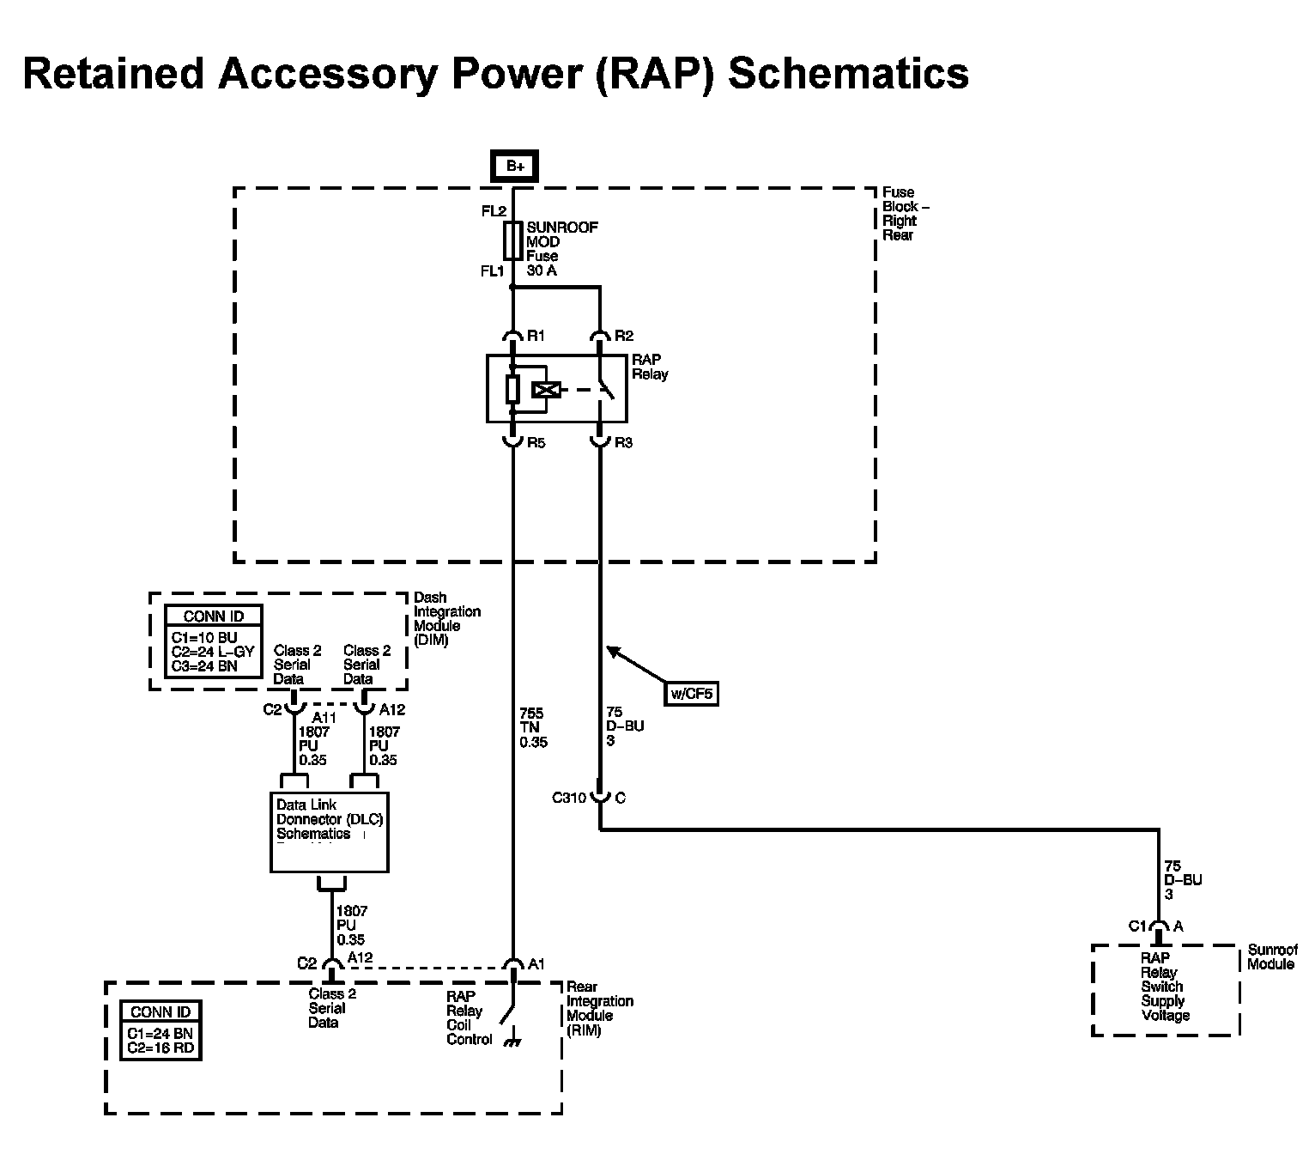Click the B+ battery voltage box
(514, 166)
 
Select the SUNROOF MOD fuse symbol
(513, 241)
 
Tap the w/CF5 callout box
(692, 693)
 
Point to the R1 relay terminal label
(536, 336)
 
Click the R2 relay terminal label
(624, 336)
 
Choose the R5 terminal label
(536, 443)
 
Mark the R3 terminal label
(623, 443)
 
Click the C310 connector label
(568, 798)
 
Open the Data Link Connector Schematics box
(330, 831)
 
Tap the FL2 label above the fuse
(494, 211)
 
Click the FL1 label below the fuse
(493, 271)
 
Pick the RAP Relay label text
(649, 367)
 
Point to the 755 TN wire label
(532, 727)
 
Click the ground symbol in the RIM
(515, 1042)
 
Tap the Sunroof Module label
(1271, 957)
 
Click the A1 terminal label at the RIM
(536, 964)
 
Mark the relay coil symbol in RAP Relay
(546, 391)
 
